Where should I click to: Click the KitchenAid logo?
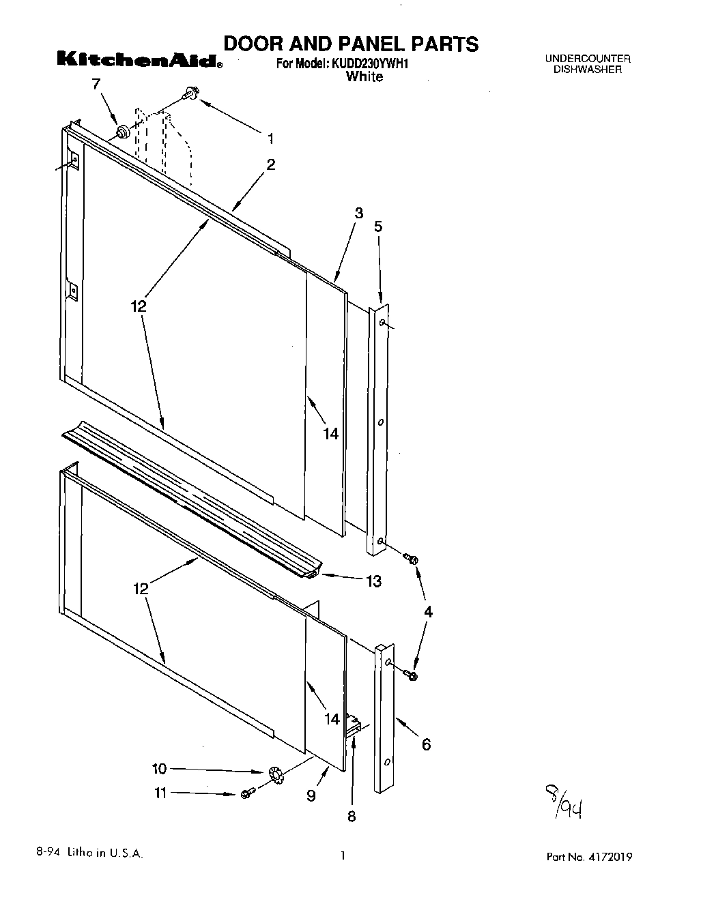pyautogui.click(x=139, y=61)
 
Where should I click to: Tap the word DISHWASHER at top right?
pyautogui.click(x=588, y=70)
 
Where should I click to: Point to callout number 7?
pyautogui.click(x=96, y=84)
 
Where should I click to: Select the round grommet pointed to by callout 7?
pyautogui.click(x=123, y=132)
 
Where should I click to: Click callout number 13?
pyautogui.click(x=373, y=581)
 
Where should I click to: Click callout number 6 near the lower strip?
pyautogui.click(x=426, y=744)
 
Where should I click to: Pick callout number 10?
pyautogui.click(x=158, y=769)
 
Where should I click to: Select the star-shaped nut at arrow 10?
pyautogui.click(x=276, y=774)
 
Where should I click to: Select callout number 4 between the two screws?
pyautogui.click(x=428, y=612)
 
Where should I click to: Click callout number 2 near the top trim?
pyautogui.click(x=271, y=164)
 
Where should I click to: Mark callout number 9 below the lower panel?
pyautogui.click(x=311, y=795)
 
